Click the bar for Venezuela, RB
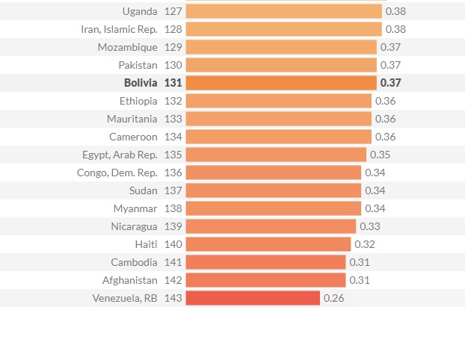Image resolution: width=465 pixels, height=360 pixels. [253, 298]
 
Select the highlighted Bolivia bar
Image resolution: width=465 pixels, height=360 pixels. [280, 83]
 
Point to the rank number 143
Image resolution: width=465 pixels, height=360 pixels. [173, 298]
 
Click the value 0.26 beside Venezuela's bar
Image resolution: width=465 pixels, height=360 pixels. [334, 298]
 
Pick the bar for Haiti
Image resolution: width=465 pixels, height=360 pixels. [268, 244]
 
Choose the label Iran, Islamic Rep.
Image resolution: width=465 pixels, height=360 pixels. [119, 29]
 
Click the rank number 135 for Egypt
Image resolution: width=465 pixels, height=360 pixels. [173, 155]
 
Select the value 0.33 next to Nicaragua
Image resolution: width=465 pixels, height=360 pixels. [370, 226]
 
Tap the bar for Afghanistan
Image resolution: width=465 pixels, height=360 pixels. [265, 280]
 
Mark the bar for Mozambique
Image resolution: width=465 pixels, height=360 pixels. [280, 47]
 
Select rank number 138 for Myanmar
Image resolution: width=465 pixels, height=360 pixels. [173, 208]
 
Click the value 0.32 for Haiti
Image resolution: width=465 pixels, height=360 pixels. [365, 244]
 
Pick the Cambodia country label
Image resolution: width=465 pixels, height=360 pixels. [134, 262]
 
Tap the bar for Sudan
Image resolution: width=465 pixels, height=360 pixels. [273, 190]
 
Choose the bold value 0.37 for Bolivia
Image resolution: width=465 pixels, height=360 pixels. [390, 83]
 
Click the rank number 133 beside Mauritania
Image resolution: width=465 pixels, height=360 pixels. [173, 119]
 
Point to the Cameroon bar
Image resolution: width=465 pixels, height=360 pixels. [278, 137]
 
